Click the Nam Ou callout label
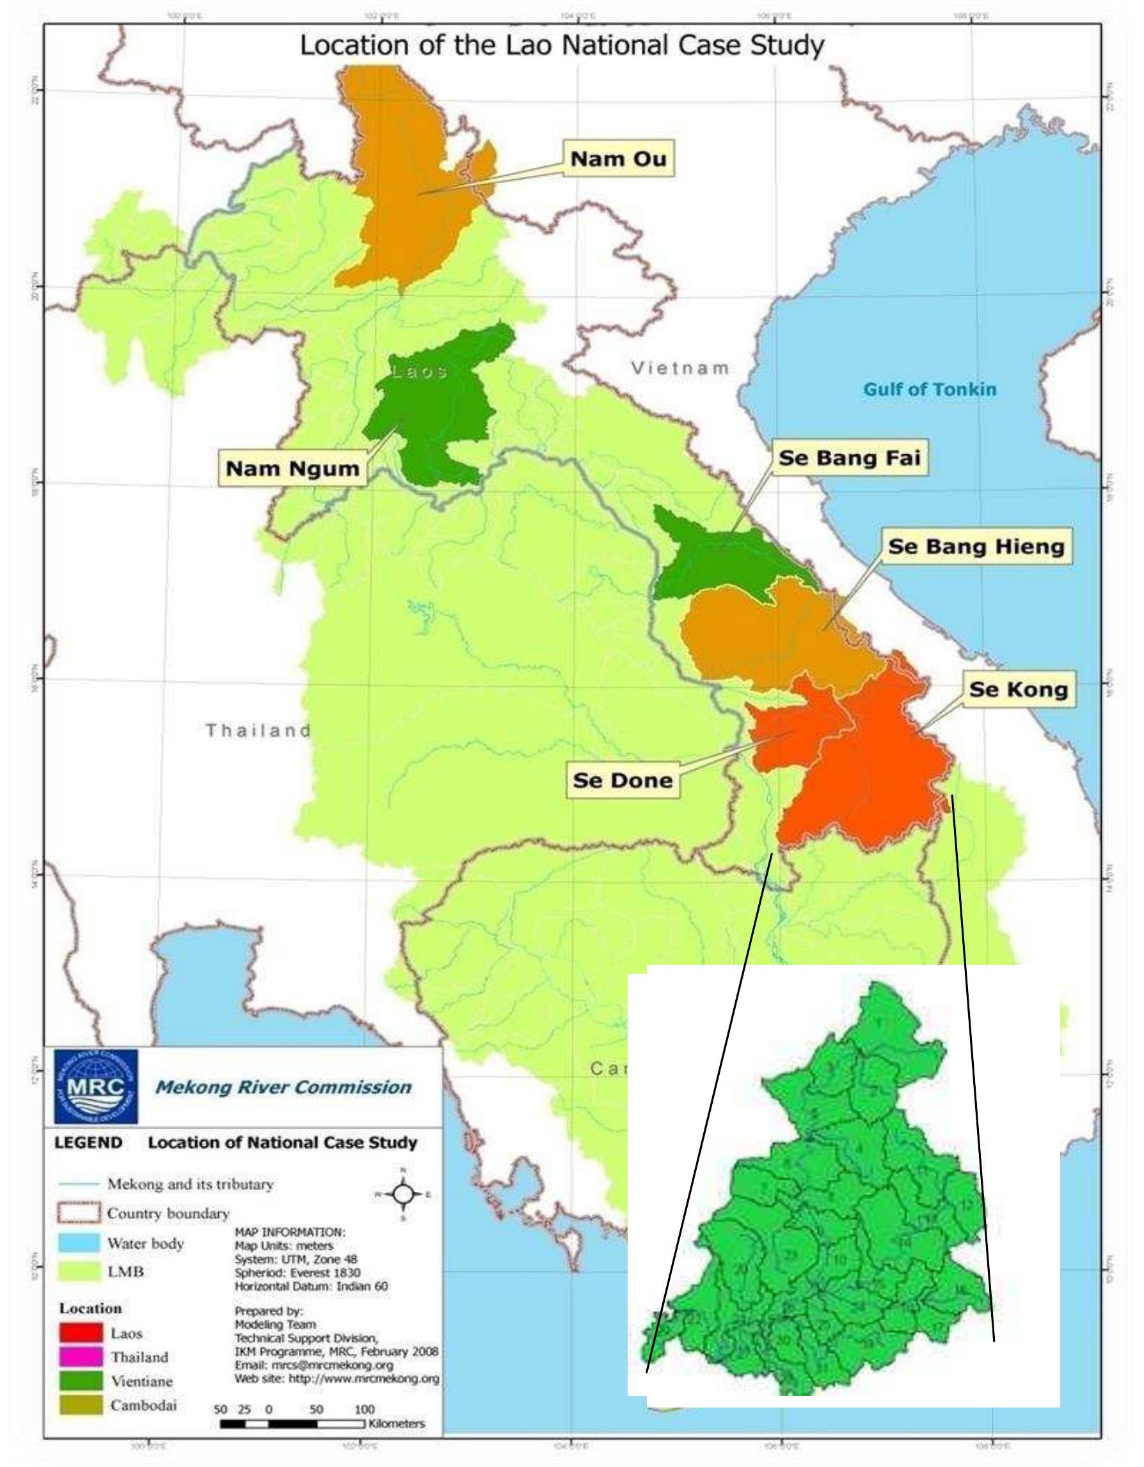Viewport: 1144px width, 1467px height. tap(618, 159)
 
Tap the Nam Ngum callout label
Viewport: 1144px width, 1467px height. tap(292, 468)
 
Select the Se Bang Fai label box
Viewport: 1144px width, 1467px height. tap(848, 458)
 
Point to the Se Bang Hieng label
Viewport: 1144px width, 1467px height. tap(976, 546)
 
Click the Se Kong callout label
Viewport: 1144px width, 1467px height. tap(1019, 689)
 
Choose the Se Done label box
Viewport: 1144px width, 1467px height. tap(622, 780)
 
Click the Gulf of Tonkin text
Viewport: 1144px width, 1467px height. tap(929, 389)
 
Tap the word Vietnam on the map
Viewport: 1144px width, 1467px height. tap(680, 368)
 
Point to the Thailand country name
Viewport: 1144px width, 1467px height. tap(258, 730)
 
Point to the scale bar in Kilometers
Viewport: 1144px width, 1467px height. tap(293, 1423)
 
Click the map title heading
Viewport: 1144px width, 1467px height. tap(562, 45)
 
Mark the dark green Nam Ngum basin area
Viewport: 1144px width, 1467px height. tap(433, 416)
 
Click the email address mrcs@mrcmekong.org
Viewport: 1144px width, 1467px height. tap(313, 1365)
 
